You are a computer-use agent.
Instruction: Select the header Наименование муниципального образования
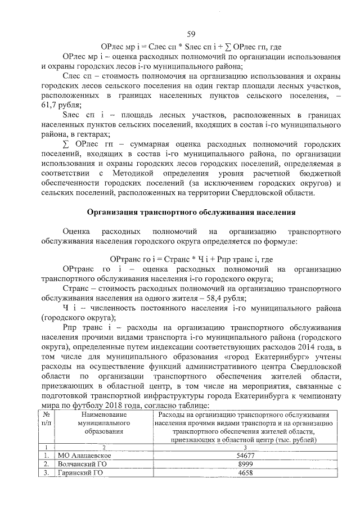100,423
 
